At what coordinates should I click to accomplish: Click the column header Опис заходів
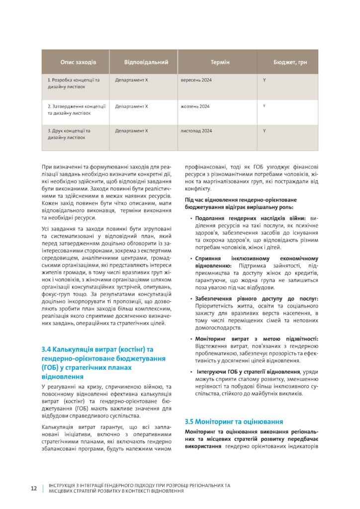[78, 62]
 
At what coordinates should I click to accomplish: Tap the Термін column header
[220, 62]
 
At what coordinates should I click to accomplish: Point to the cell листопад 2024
[196, 131]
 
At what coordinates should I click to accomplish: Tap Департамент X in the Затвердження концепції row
[132, 106]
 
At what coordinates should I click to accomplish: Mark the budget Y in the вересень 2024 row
[265, 80]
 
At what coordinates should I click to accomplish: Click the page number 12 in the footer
[34, 488]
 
